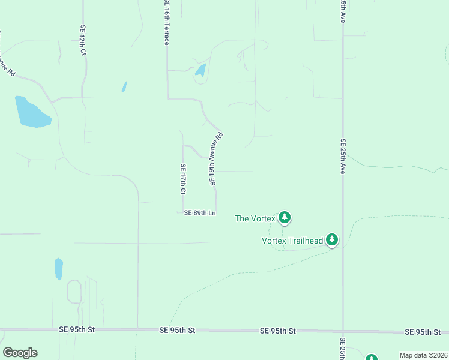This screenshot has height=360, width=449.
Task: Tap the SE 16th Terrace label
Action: (167, 23)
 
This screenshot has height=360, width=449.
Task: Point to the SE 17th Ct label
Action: (183, 179)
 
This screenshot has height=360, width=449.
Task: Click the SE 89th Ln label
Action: (200, 213)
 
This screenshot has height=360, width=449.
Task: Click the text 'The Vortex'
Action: (255, 218)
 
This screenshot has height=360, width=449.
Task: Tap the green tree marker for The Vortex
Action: (285, 217)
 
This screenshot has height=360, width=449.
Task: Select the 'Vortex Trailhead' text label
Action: (292, 241)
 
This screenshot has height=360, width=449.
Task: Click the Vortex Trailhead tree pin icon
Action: (332, 240)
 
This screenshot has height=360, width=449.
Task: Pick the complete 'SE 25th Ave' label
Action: (343, 156)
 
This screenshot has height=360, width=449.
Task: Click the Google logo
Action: (20, 353)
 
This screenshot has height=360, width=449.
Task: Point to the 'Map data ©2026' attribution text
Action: (423, 355)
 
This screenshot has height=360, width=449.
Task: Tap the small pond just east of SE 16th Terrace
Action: (200, 70)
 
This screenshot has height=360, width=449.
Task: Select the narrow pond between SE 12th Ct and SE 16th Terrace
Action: (124, 86)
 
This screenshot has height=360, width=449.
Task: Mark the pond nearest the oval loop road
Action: (59, 269)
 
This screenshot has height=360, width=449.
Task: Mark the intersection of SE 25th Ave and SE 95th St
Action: (343, 331)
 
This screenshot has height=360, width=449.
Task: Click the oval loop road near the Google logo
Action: (74, 292)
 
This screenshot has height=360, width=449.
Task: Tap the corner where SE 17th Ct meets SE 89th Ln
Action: (183, 213)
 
